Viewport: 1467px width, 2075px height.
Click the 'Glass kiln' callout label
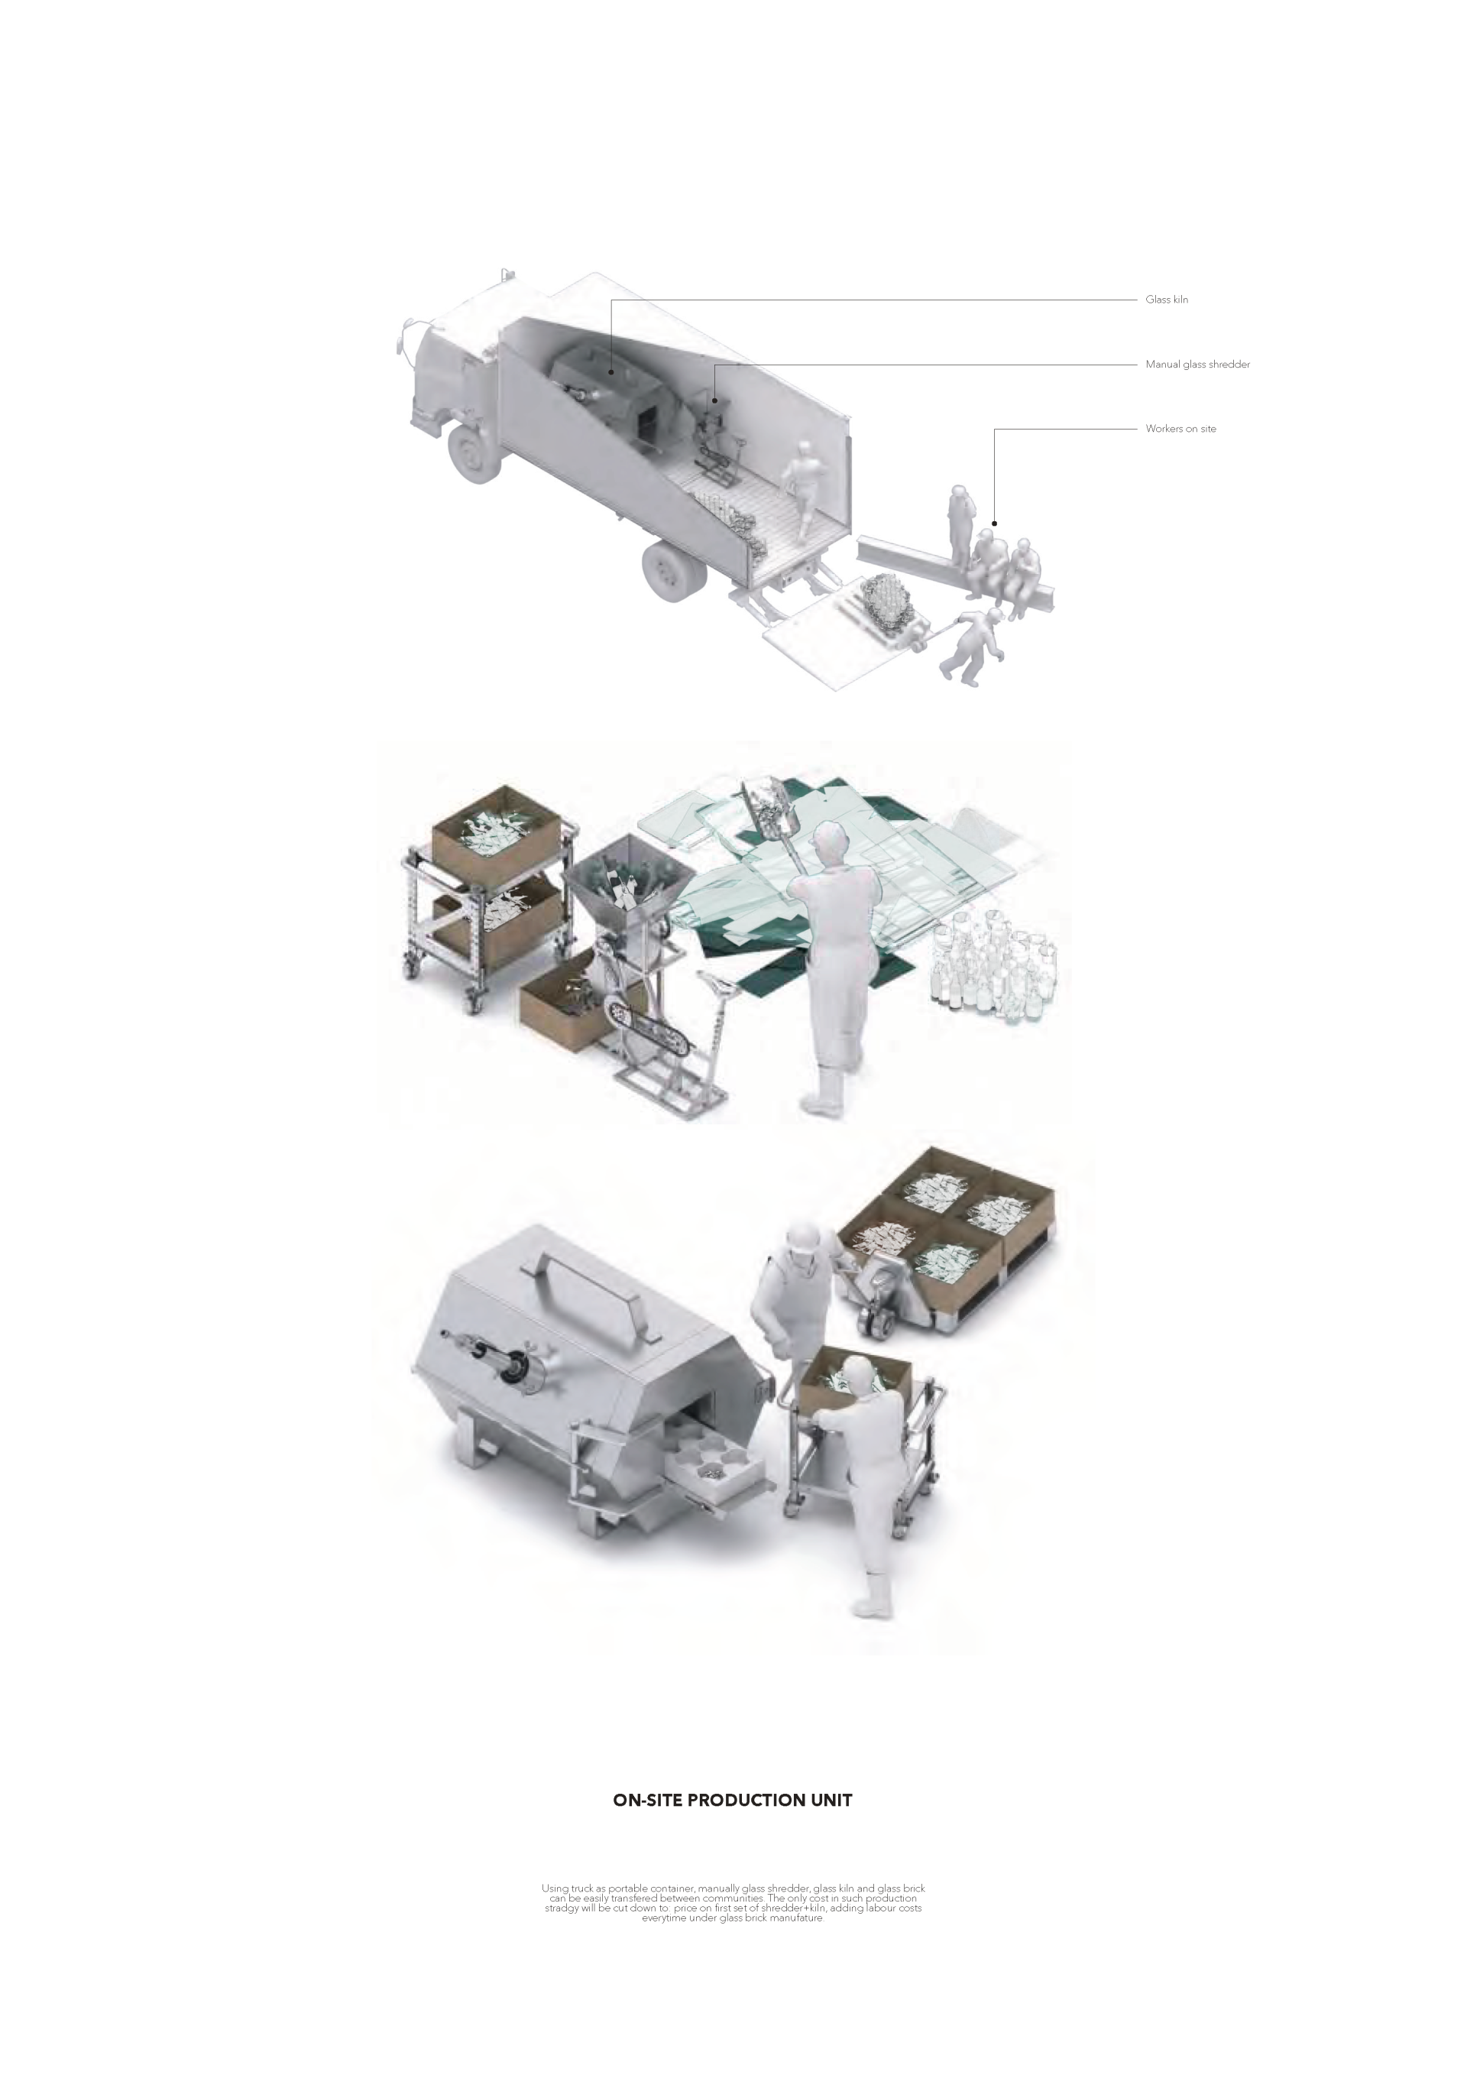tap(1166, 299)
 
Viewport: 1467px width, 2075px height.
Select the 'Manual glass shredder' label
tap(1198, 365)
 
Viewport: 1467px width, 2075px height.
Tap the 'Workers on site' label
tap(1180, 429)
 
